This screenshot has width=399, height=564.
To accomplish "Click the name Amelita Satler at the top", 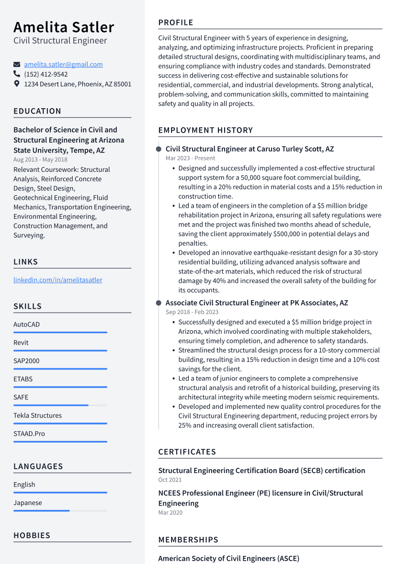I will tap(64, 27).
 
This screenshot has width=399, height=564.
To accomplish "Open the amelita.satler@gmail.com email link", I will tap(63, 64).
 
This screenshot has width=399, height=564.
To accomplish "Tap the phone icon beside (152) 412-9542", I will tap(17, 74).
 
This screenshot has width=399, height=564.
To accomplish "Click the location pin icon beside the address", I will tap(17, 84).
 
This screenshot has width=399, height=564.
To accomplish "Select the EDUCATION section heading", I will tap(37, 111).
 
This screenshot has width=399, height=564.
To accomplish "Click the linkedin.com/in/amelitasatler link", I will tap(58, 280).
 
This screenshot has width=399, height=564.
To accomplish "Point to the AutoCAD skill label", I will tap(26, 325).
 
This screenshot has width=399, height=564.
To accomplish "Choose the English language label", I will tap(24, 485).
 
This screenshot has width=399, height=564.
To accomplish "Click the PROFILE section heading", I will tap(176, 23).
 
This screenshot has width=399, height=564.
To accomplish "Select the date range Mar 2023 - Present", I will tap(190, 158).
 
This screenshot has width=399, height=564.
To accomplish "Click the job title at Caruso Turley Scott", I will tap(250, 149).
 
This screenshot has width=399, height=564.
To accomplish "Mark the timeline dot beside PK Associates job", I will tap(159, 303).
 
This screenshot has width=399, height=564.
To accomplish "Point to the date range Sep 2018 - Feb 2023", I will tap(192, 312).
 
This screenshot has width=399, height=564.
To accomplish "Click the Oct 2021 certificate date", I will tap(170, 480).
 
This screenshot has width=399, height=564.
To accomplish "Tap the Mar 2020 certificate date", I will tap(171, 513).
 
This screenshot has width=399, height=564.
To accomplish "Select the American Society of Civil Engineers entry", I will tap(228, 558).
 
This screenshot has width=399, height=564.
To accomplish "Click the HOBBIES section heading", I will tap(32, 535).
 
